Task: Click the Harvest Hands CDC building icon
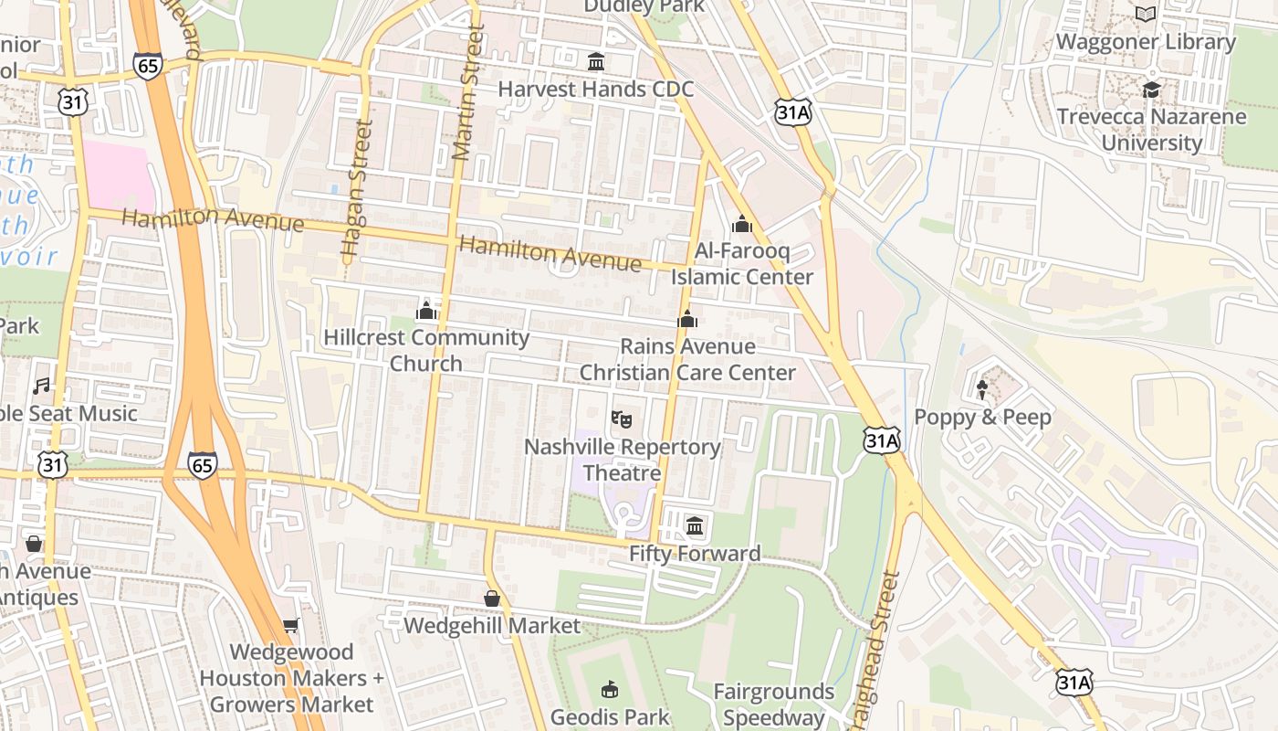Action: (596, 62)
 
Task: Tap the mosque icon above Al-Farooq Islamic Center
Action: (741, 224)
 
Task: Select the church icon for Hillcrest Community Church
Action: (425, 312)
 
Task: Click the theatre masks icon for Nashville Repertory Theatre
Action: (622, 419)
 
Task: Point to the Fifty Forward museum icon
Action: (695, 525)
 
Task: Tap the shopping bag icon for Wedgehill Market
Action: (492, 599)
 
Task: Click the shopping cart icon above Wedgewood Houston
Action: (291, 626)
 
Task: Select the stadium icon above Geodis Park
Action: (609, 689)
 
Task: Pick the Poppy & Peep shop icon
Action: (982, 390)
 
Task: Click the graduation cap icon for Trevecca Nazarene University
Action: (1151, 90)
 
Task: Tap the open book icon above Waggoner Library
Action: (1146, 15)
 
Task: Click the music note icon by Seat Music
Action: (41, 387)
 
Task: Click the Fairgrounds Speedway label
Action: (774, 705)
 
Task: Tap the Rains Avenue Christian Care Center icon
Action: (687, 319)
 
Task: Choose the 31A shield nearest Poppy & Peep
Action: (881, 441)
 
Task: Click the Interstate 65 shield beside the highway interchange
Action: (203, 464)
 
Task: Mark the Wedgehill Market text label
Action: (492, 626)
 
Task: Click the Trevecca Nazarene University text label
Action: (1151, 130)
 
